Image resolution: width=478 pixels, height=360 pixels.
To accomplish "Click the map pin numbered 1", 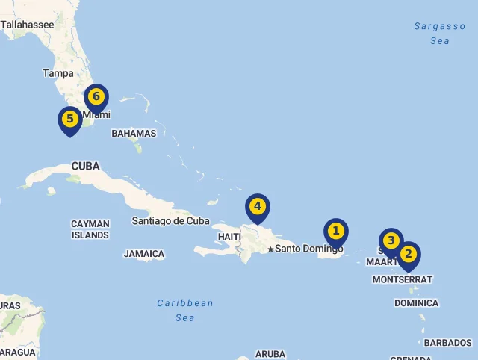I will point(335,232).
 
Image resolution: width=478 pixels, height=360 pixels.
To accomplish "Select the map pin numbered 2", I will point(408,255).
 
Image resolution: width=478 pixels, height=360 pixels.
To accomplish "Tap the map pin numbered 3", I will point(391,241).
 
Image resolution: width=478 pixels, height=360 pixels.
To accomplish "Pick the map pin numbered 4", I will point(257,207).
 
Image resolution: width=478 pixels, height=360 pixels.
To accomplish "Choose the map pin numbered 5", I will point(69,120).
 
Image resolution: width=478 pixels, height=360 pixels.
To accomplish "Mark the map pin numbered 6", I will point(96,97).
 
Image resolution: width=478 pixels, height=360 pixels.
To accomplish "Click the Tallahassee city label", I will point(27,25).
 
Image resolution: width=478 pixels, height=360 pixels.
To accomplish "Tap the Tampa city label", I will point(58,73).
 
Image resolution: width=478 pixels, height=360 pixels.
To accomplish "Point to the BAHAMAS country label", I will point(134,134).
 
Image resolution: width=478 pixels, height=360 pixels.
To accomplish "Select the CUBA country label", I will point(86,166).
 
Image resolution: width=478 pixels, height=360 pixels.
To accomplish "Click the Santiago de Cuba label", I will point(170,220).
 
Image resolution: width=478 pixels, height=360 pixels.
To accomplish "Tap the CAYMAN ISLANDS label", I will point(90,229).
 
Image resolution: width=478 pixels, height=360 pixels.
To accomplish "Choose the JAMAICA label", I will point(144,254).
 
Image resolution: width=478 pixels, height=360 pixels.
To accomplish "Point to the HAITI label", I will point(229,237).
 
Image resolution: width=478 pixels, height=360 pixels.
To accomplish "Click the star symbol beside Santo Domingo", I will point(270,249).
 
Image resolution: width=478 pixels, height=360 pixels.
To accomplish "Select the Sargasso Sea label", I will point(440,34).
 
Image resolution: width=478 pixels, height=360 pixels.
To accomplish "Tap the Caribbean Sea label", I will point(184,310).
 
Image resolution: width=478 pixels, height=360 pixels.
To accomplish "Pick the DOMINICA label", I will point(416,303).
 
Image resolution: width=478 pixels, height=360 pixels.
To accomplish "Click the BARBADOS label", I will point(447,343).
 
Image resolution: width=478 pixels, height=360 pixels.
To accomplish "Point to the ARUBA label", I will point(270,354).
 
